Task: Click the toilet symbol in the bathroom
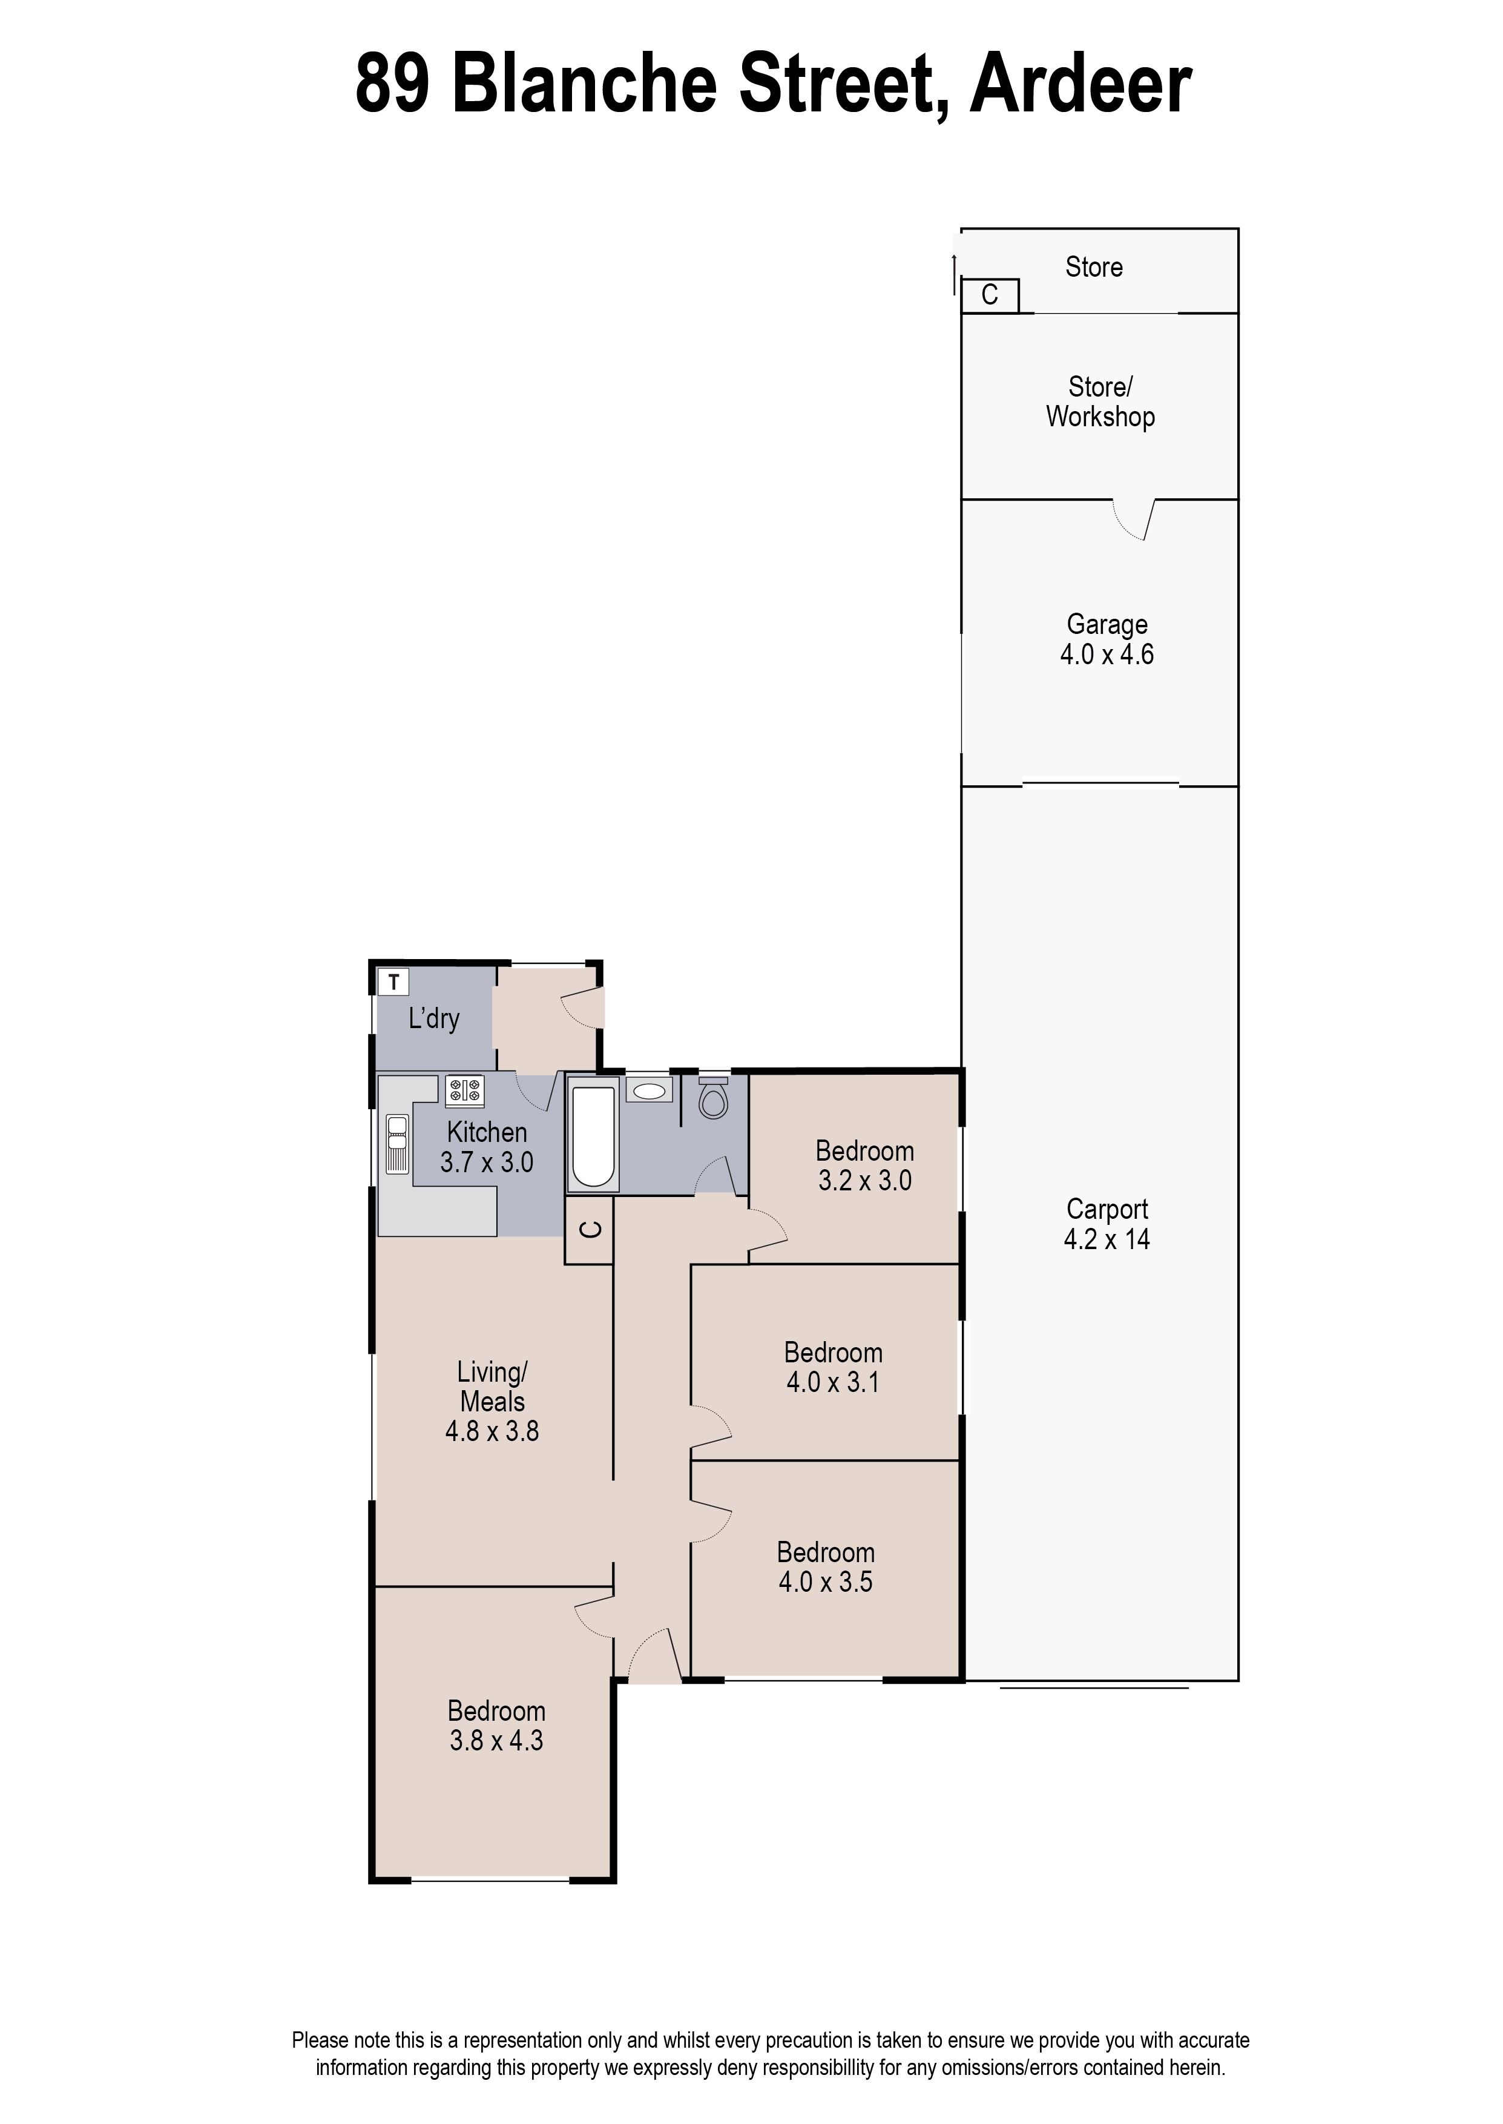[x=712, y=1100]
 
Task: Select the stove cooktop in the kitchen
[x=465, y=1090]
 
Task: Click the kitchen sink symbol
[x=397, y=1144]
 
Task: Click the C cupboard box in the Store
[x=989, y=295]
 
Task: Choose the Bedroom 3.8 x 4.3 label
[x=496, y=1725]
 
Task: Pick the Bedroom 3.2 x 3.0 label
[x=864, y=1165]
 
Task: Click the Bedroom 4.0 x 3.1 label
[x=833, y=1367]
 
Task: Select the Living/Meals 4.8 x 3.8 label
[x=492, y=1401]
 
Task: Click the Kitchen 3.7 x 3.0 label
[x=487, y=1147]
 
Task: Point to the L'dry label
[x=434, y=1019]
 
